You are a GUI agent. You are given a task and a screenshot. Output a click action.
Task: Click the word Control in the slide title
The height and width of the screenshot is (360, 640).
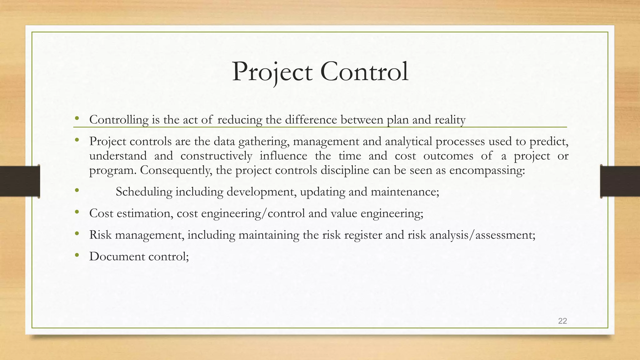(x=364, y=72)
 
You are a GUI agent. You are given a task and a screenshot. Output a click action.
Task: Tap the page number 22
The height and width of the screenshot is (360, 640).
(x=562, y=321)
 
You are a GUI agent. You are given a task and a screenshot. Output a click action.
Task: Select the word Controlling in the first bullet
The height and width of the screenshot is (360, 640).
(x=119, y=120)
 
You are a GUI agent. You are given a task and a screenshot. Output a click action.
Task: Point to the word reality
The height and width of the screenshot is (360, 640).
(x=450, y=120)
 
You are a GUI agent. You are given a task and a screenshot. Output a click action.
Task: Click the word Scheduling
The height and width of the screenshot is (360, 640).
(x=144, y=192)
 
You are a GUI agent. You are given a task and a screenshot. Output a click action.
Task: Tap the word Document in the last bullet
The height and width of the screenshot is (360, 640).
(x=117, y=256)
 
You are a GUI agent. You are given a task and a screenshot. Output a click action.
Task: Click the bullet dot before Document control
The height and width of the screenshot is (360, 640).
(x=77, y=256)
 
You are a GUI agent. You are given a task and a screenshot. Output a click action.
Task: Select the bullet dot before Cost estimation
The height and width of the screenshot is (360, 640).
(x=77, y=212)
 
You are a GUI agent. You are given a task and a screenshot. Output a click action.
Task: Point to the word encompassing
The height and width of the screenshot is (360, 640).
(x=487, y=170)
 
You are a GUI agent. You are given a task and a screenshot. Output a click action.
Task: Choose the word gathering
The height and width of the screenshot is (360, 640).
(x=263, y=142)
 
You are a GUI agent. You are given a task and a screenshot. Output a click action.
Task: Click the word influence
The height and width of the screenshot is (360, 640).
(x=283, y=156)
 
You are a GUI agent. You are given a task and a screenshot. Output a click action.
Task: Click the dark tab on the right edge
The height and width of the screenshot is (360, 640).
(x=620, y=181)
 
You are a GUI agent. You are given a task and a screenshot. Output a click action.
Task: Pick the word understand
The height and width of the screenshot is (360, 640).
(x=118, y=156)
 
